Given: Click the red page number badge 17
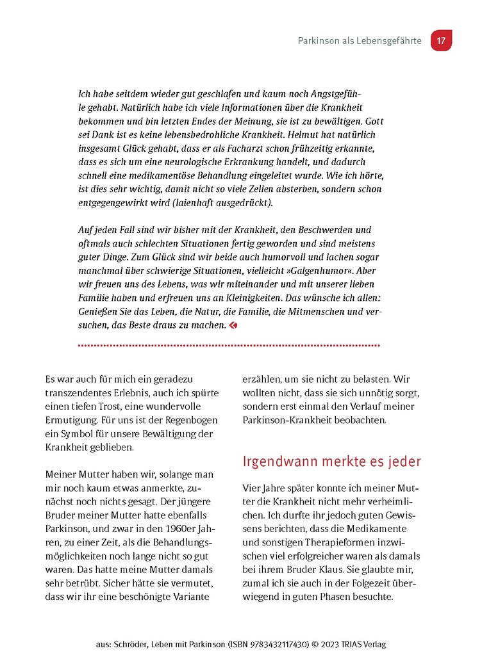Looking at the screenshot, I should coord(441,40).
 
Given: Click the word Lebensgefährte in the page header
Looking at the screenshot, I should coord(390,41).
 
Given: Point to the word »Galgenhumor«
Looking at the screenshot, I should coord(338,271).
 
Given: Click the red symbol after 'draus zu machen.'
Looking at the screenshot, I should coord(233,325).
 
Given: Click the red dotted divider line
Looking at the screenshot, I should coord(229,346).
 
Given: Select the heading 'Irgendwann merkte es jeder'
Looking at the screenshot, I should coord(331,462).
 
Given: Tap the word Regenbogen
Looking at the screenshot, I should coord(192,419).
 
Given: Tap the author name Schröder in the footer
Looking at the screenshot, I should coord(130,644).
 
